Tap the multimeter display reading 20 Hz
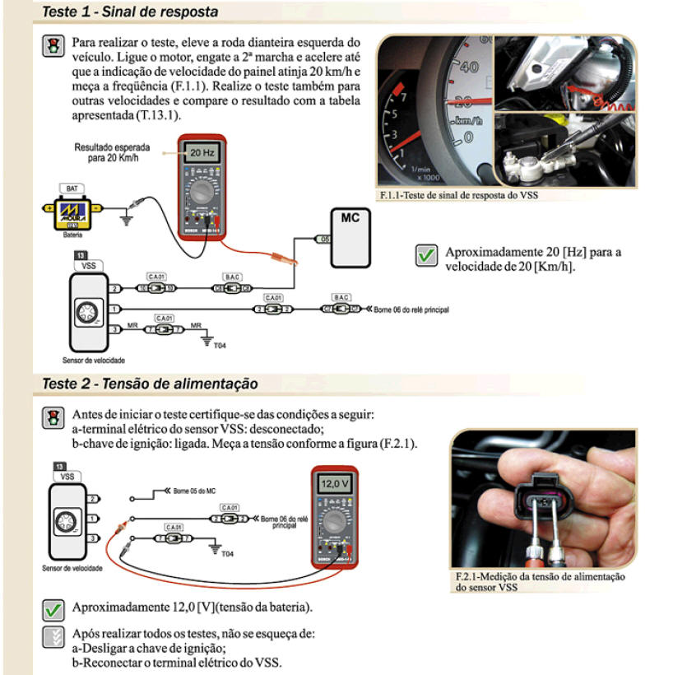click(x=201, y=153)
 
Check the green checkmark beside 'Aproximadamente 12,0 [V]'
click(x=53, y=609)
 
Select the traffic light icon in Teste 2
click(x=53, y=416)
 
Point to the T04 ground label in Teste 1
click(x=219, y=347)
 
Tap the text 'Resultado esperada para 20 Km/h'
click(x=105, y=151)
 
